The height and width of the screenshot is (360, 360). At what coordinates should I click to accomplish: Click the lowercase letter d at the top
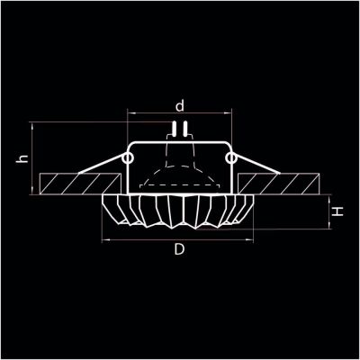181,105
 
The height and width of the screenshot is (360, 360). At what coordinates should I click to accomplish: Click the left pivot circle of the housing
128,158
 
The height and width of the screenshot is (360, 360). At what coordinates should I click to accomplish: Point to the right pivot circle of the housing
232,158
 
